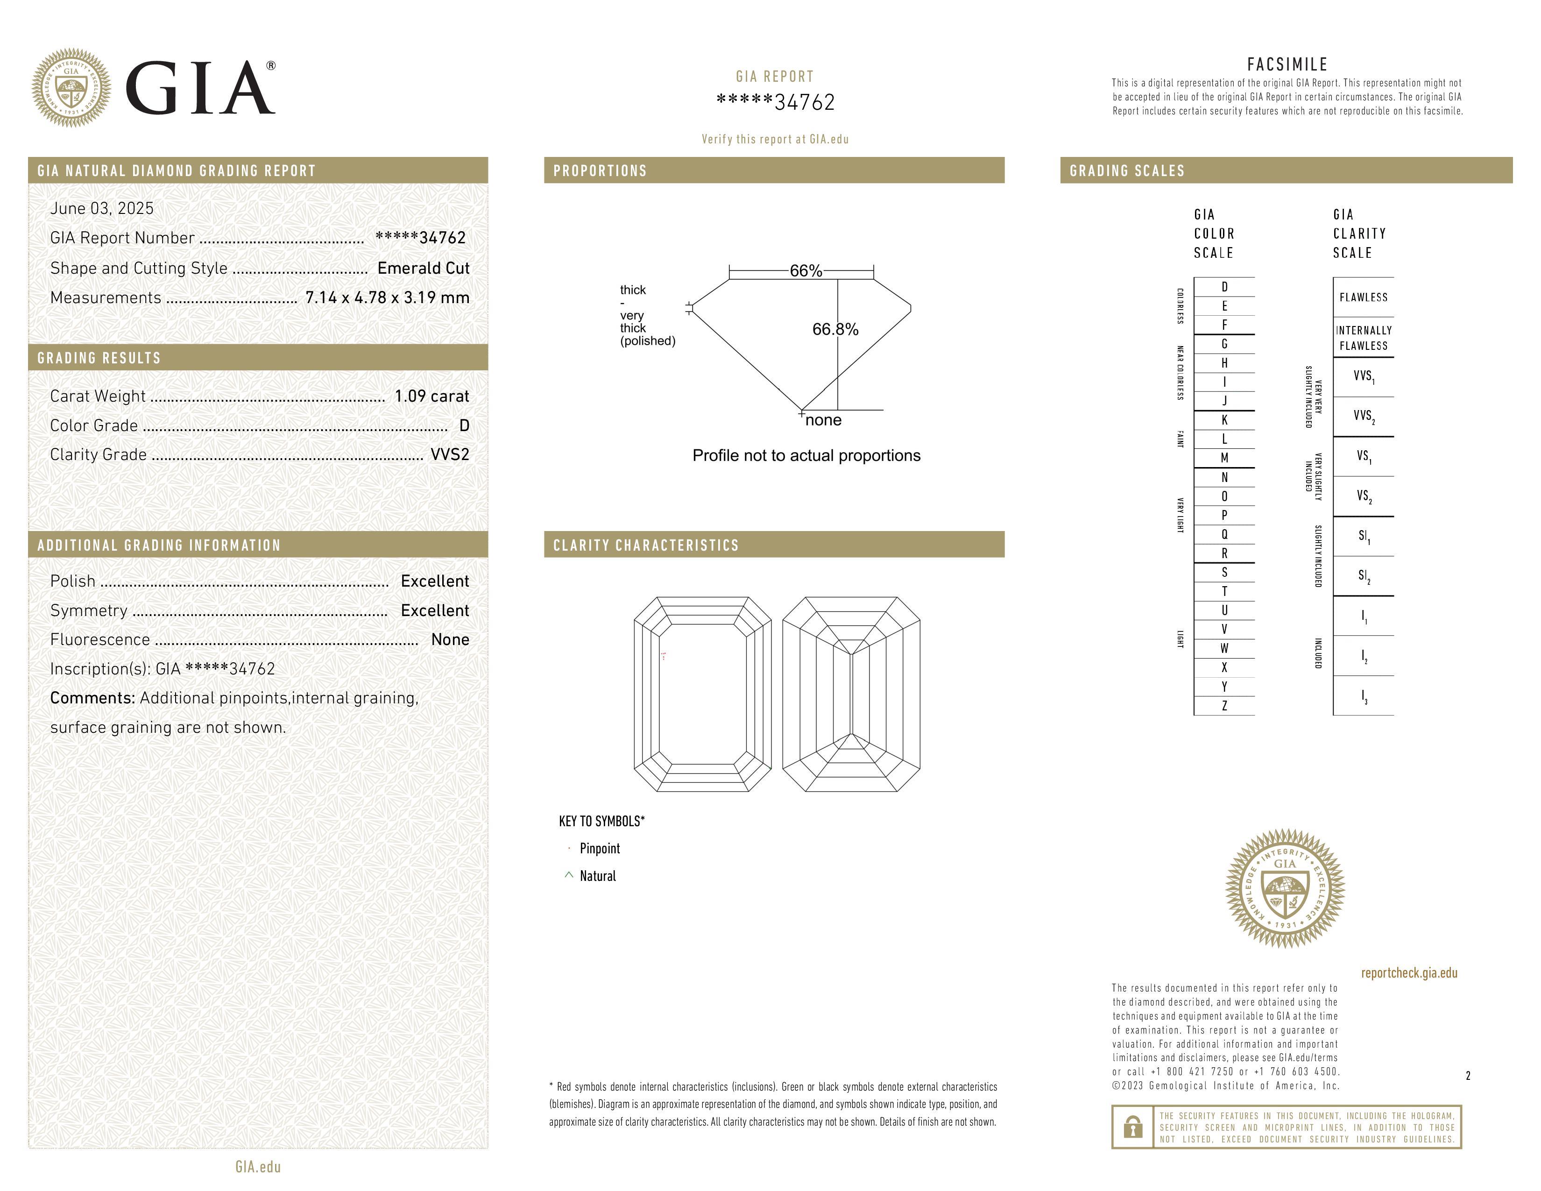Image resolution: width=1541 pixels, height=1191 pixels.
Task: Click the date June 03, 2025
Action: (x=102, y=208)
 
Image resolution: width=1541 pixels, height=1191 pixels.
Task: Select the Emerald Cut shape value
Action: (x=424, y=268)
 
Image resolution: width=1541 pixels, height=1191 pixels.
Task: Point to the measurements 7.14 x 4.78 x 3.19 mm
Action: (x=388, y=298)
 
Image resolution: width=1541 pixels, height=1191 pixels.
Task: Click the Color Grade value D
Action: (x=464, y=425)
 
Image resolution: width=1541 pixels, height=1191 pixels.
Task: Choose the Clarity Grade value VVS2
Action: (x=449, y=454)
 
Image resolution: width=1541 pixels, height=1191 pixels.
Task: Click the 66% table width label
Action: (x=806, y=271)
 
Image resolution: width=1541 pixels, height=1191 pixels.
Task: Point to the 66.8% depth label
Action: (x=835, y=329)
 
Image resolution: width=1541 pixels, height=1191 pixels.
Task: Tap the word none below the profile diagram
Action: (x=823, y=420)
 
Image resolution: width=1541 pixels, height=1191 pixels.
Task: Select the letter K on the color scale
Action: (x=1224, y=420)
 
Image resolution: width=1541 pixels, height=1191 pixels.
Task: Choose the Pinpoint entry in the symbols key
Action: (x=600, y=849)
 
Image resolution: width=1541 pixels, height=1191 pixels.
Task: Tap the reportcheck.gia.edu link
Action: (x=1409, y=973)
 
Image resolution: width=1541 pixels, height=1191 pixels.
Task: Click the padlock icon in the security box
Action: (x=1132, y=1127)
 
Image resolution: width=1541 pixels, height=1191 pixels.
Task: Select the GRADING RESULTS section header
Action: (x=99, y=358)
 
